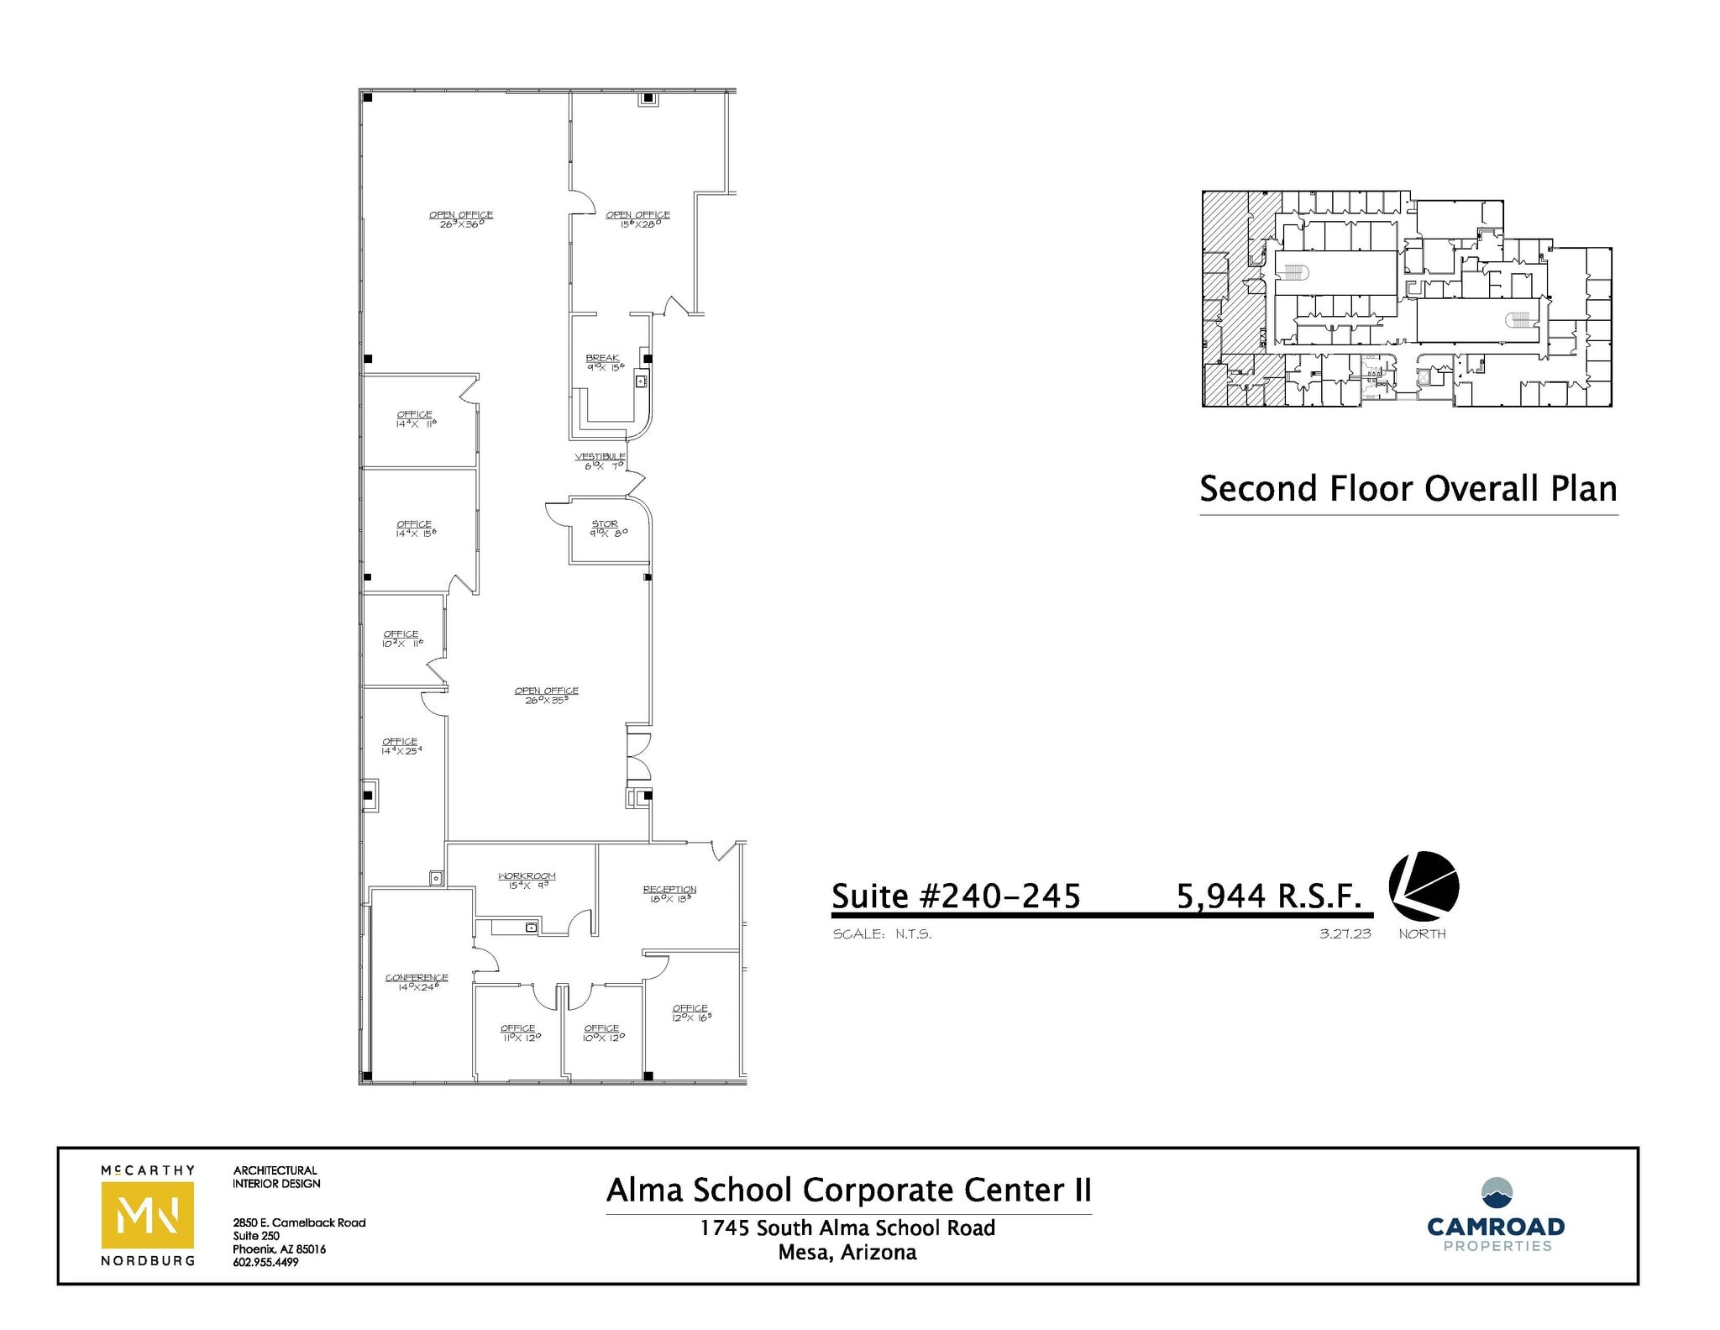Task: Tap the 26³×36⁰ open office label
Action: pos(461,219)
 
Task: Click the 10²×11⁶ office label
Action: pos(401,639)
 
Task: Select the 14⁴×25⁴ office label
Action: pos(401,745)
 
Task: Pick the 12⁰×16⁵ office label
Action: pos(690,1012)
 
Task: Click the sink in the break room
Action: pos(641,381)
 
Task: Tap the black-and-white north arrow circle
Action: pos(1423,886)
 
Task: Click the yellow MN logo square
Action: pos(147,1215)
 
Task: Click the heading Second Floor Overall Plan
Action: pos(1408,489)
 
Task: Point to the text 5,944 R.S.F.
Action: pos(1268,896)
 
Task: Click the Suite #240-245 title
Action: pos(956,896)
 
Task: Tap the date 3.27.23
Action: pos(1345,933)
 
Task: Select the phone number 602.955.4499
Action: pos(265,1262)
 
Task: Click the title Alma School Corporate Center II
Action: pos(848,1190)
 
